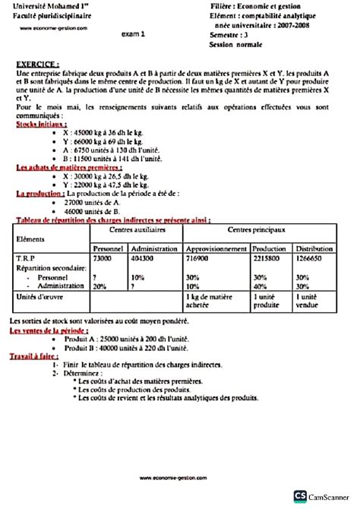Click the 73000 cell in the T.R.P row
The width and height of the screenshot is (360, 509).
(102, 259)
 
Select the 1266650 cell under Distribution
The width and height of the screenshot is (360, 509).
(312, 259)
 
